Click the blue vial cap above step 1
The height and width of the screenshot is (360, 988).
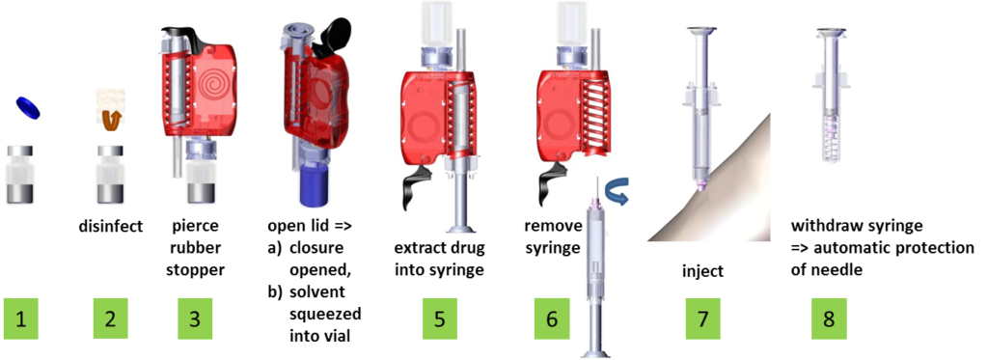(28, 108)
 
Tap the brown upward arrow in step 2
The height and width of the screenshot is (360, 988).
(111, 120)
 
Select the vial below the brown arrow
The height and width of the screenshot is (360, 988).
(110, 175)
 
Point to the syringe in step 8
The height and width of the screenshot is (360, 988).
(829, 97)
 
